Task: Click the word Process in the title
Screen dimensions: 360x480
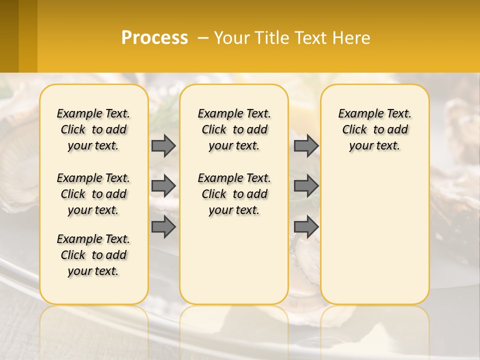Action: pyautogui.click(x=154, y=38)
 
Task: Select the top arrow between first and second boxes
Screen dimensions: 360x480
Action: pyautogui.click(x=163, y=145)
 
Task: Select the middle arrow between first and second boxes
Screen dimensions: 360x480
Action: pyautogui.click(x=163, y=186)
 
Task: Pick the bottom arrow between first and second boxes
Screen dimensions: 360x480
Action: pyautogui.click(x=163, y=227)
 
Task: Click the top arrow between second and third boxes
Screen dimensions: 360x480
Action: pyautogui.click(x=306, y=145)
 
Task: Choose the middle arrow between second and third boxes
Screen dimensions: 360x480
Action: pyautogui.click(x=306, y=186)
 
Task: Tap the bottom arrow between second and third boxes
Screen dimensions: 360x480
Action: pyautogui.click(x=306, y=227)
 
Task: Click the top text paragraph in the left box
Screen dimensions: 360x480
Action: pyautogui.click(x=93, y=129)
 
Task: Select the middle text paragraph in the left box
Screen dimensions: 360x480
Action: pyautogui.click(x=93, y=194)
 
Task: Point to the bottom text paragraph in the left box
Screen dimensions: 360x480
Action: pyautogui.click(x=93, y=255)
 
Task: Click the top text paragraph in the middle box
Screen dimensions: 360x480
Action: pyautogui.click(x=234, y=129)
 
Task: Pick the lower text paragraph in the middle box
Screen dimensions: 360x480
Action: pyautogui.click(x=234, y=194)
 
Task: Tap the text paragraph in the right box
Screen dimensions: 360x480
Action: pyautogui.click(x=375, y=129)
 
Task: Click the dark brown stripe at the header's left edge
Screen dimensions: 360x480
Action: pyautogui.click(x=9, y=36)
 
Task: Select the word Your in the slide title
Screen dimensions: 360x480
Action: pyautogui.click(x=231, y=38)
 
